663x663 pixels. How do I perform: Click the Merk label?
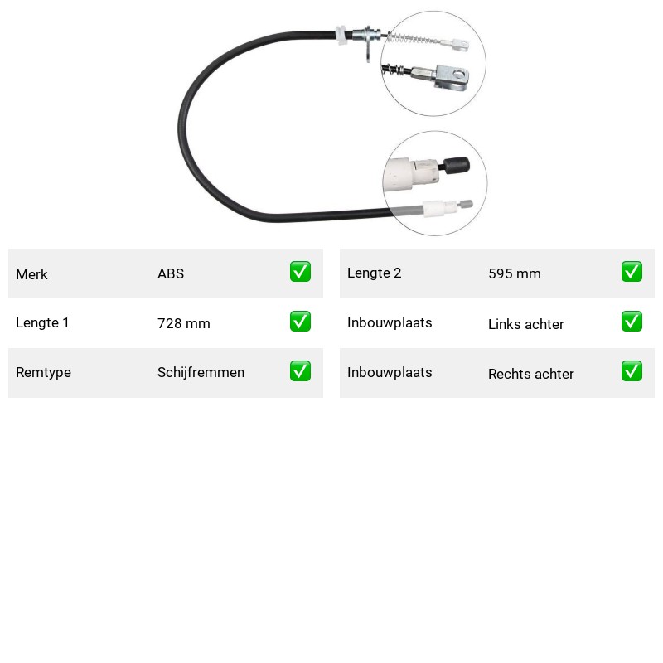click(31, 274)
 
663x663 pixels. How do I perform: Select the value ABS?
click(171, 273)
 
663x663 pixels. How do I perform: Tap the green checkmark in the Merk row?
click(300, 272)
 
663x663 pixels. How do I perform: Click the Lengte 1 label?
click(42, 322)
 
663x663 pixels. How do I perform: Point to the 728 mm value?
click(184, 323)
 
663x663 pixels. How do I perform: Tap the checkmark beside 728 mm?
click(300, 322)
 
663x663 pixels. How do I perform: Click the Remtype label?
click(44, 372)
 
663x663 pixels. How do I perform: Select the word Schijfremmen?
click(201, 372)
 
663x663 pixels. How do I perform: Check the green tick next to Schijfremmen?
click(300, 370)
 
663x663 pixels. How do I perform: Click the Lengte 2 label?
click(375, 273)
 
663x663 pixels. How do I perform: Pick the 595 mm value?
click(515, 273)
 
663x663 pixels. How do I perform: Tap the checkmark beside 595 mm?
click(632, 272)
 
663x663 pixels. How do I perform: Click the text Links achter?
click(526, 324)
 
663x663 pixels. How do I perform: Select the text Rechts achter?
click(531, 374)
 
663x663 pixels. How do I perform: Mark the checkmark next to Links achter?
click(632, 322)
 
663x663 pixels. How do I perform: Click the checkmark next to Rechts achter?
click(632, 370)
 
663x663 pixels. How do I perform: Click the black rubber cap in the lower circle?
click(457, 165)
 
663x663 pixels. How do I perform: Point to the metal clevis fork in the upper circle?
click(452, 77)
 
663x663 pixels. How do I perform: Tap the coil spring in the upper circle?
click(412, 39)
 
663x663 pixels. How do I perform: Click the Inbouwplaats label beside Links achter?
click(390, 322)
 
